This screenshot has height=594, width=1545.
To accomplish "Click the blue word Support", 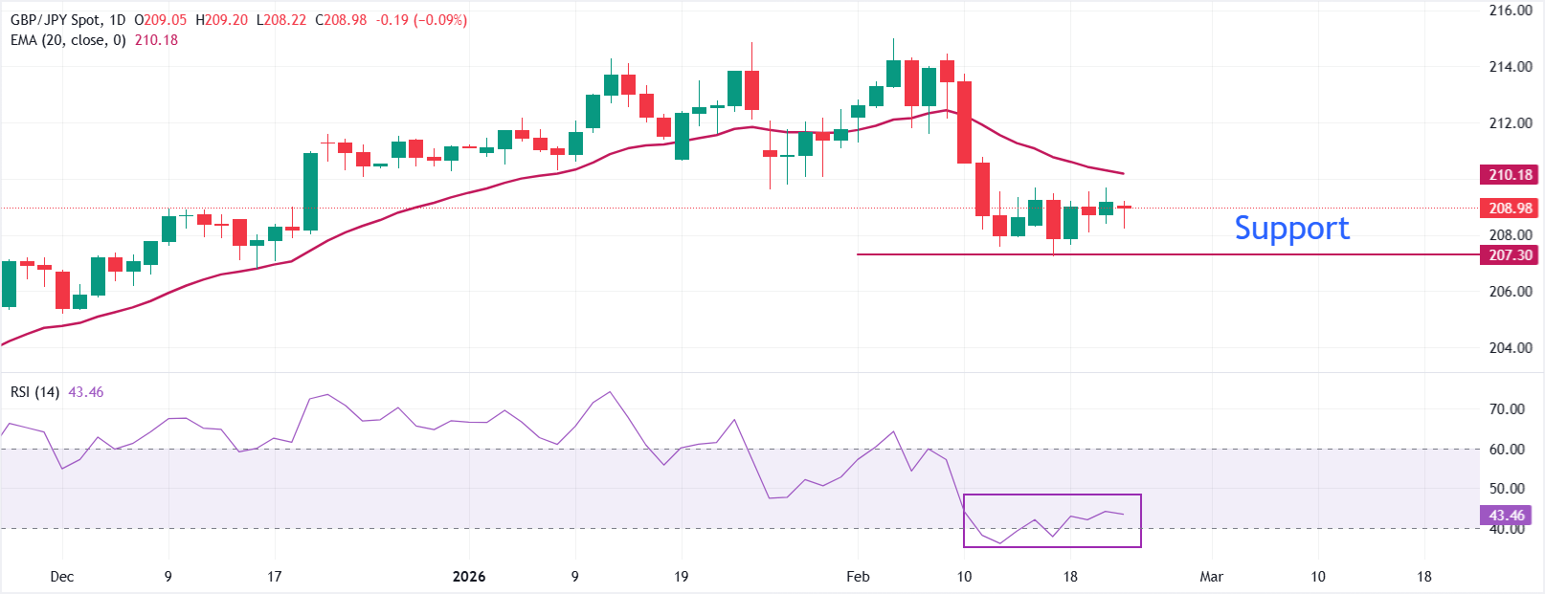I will tap(1291, 229).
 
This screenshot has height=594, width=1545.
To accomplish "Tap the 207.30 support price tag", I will tap(1510, 255).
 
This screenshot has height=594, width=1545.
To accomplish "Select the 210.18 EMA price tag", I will tap(1510, 175).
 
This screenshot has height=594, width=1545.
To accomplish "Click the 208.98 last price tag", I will tap(1510, 209).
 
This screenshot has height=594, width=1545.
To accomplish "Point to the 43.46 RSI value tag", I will tap(1506, 516).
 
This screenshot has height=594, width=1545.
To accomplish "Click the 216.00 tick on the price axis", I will tap(1511, 11).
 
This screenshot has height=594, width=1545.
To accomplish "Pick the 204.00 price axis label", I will tap(1511, 348).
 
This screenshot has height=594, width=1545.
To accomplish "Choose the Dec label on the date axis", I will tap(61, 577).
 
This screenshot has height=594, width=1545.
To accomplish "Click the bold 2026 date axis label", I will tap(469, 577).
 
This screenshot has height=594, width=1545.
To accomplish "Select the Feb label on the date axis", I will tap(858, 577).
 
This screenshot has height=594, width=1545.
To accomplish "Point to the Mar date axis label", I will tap(1212, 577).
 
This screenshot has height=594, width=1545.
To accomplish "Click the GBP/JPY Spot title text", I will tap(55, 20).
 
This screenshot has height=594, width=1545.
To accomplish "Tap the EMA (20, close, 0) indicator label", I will tap(68, 40).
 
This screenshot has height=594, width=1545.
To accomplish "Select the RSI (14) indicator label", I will tap(34, 392).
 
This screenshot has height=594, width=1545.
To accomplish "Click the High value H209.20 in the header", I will tap(221, 20).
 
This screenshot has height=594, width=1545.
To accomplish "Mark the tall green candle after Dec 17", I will tap(310, 192).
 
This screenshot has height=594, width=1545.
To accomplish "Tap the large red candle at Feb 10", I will tap(964, 122).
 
